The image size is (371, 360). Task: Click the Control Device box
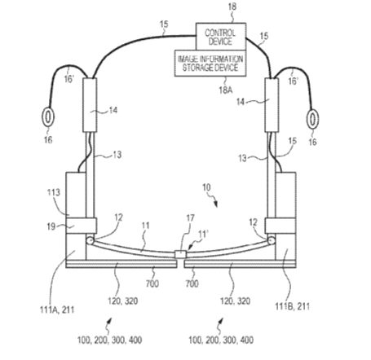(x=221, y=37)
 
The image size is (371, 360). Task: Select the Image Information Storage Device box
(x=210, y=64)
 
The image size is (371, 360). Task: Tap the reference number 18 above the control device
(x=232, y=7)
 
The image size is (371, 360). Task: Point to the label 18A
(x=226, y=90)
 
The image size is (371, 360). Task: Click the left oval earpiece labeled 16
(x=48, y=116)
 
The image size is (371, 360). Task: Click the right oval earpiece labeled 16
(x=312, y=118)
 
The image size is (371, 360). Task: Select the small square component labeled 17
(x=180, y=254)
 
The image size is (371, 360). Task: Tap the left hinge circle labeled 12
(x=90, y=240)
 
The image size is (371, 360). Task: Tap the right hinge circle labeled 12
(x=272, y=240)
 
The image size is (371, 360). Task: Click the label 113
(x=54, y=192)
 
